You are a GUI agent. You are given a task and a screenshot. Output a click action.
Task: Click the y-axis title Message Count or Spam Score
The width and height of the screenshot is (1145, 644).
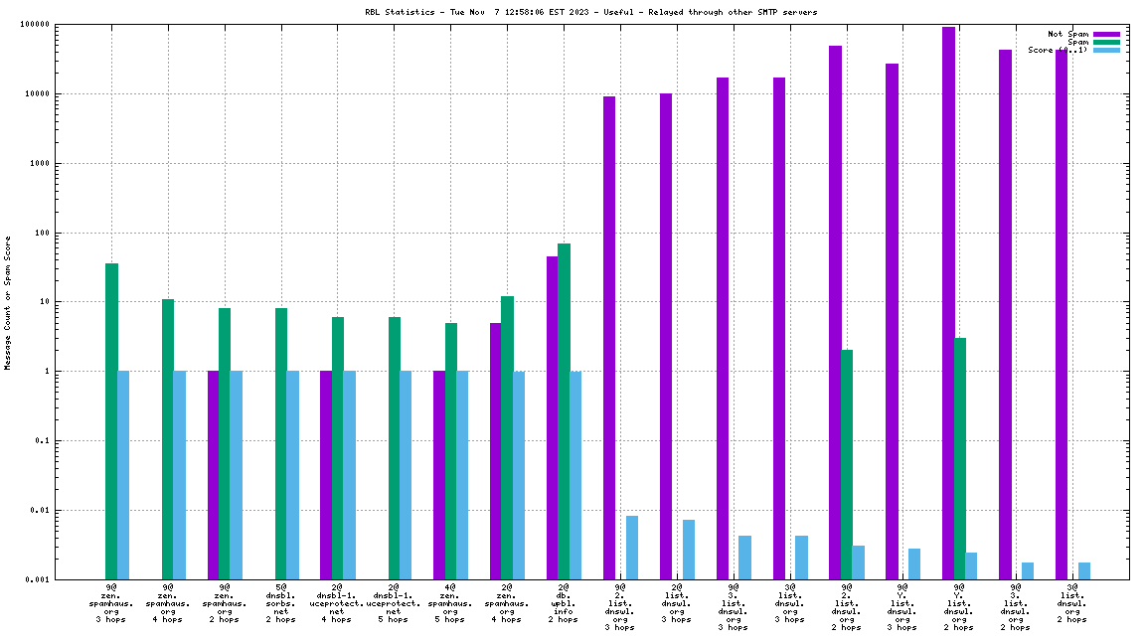(8, 303)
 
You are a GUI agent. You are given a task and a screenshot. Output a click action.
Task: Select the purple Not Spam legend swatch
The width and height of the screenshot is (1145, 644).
(1106, 34)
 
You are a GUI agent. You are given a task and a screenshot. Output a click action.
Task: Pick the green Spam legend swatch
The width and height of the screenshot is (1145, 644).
(1106, 42)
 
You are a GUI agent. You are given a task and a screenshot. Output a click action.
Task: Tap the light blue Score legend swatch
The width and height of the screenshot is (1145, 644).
(1106, 50)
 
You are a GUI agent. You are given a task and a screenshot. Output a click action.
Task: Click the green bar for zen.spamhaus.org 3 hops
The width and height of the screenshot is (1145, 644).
(111, 421)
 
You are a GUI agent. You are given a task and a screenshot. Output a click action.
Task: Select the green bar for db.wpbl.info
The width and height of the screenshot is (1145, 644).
(564, 411)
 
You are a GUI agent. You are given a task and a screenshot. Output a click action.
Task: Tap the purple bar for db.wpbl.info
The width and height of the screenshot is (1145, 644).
(552, 417)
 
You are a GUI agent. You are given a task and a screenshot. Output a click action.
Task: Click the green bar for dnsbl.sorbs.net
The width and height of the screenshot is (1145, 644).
(281, 443)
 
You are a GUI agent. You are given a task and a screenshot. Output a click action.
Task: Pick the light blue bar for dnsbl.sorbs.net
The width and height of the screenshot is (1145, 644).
(293, 475)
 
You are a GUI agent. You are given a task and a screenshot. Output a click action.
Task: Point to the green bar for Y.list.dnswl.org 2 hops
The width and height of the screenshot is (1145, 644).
(960, 458)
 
